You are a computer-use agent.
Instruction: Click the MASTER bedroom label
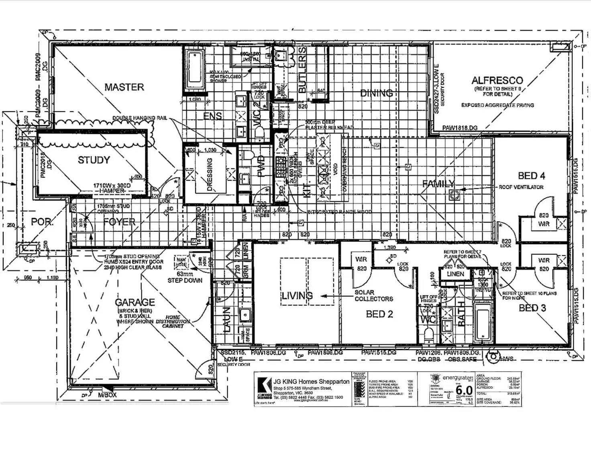pos(124,87)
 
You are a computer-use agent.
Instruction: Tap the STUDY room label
pos(94,160)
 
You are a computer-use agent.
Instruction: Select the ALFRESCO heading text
pos(497,80)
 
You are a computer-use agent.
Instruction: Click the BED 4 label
pos(531,175)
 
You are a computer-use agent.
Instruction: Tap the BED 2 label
pos(379,314)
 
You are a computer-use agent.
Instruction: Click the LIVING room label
pos(297,296)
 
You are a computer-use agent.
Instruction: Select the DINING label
pos(376,93)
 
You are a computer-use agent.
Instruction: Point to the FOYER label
pos(119,222)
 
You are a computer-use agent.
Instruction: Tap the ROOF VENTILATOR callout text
pos(521,187)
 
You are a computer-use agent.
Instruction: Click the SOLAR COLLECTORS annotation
pos(373,295)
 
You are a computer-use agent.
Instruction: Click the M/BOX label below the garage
pos(107,395)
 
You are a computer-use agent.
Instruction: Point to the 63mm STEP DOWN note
pos(185,277)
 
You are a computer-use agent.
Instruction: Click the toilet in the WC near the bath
pos(429,334)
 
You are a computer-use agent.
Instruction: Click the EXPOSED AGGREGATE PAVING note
pos(497,105)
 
